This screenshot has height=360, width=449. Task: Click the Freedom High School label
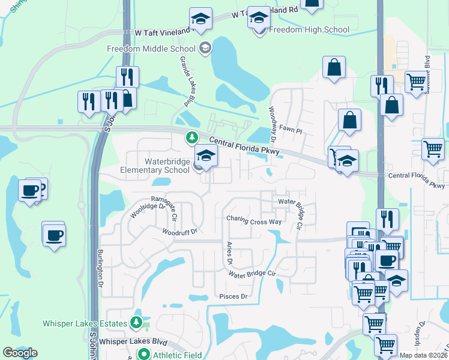coord(309,29)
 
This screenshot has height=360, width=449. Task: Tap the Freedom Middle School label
coord(151,49)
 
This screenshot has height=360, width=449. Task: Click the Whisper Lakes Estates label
coord(85,323)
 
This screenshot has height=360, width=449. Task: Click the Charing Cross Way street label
coord(254,221)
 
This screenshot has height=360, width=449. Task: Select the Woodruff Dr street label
coord(179,231)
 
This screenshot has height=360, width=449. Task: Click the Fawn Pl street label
coord(291,129)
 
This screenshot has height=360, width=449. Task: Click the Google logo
coord(20,353)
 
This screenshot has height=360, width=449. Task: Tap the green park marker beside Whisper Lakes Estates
coord(137,323)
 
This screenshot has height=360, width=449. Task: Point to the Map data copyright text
coord(423,355)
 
